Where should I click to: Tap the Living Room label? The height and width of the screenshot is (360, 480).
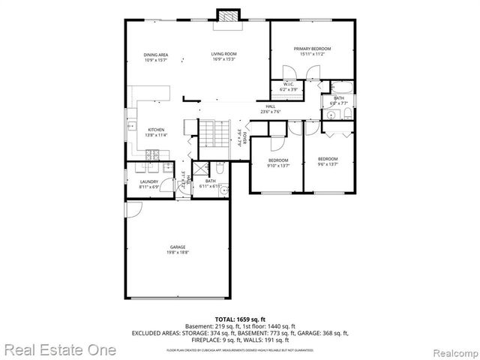click(223, 56)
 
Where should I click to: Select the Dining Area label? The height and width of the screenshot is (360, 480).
click(156, 56)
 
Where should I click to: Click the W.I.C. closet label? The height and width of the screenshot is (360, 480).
click(289, 86)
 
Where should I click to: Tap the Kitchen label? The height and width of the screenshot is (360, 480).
click(156, 132)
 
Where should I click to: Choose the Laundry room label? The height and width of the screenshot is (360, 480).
click(148, 184)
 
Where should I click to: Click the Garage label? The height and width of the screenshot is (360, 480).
click(178, 250)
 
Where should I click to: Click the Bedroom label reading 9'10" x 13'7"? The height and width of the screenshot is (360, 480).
click(278, 163)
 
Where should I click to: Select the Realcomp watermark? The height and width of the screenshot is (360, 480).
click(452, 350)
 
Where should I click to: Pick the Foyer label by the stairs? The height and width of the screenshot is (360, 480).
click(240, 136)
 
